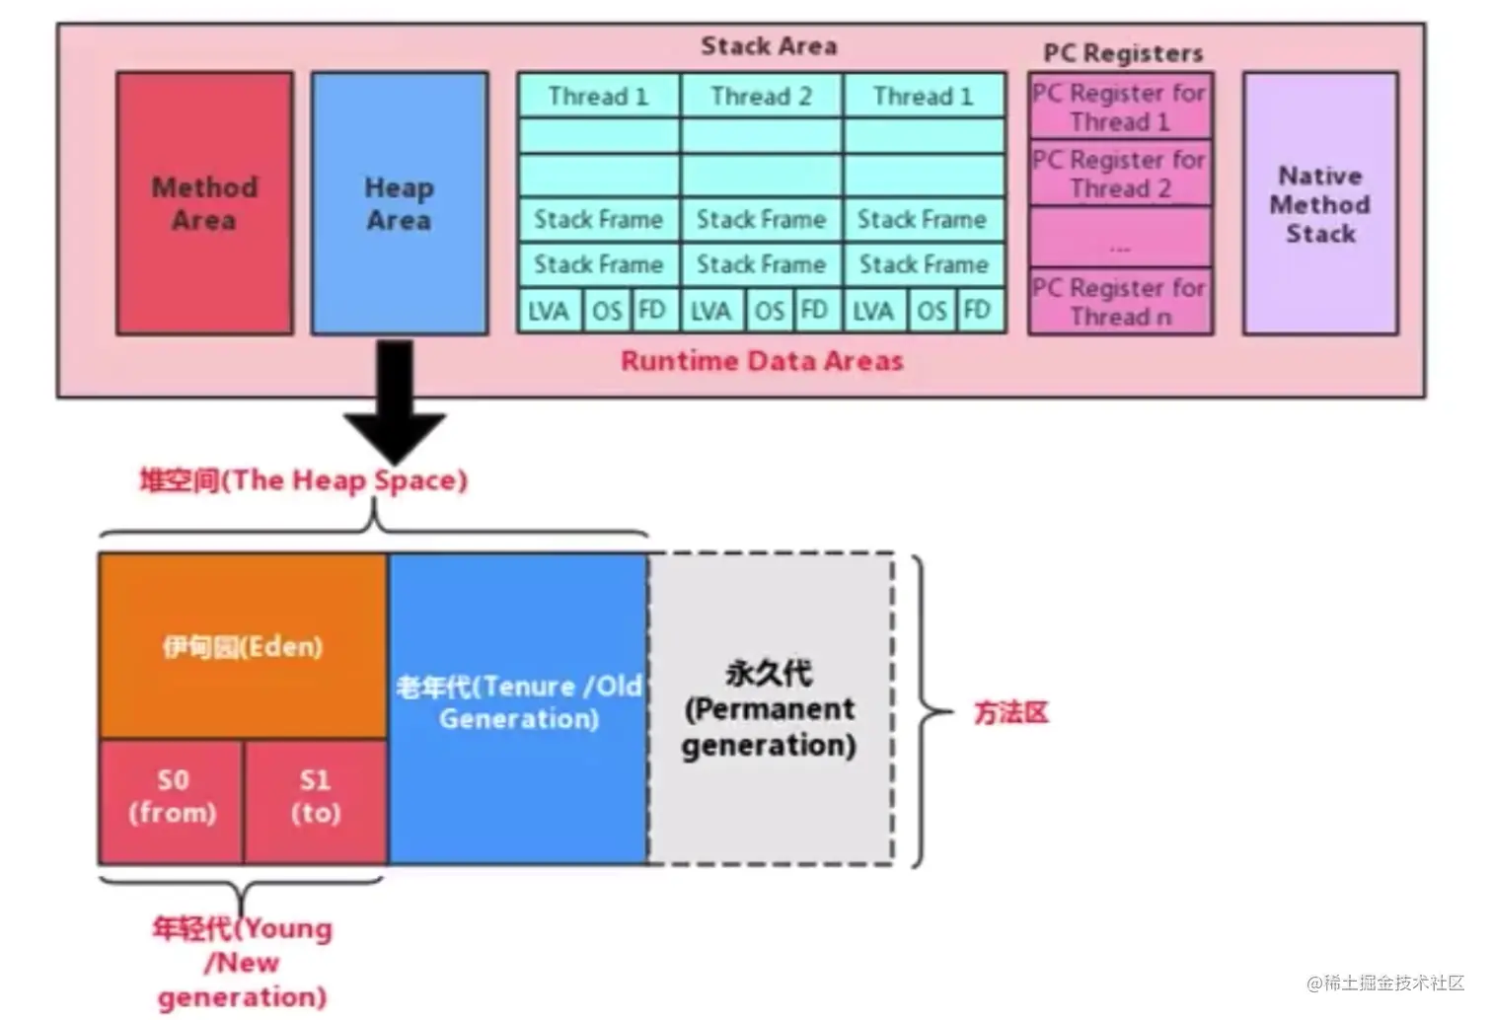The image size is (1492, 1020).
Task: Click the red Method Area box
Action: (204, 203)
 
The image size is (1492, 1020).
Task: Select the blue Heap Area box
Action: (400, 203)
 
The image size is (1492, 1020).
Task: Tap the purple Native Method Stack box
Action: (1320, 203)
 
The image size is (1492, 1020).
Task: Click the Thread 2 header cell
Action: (762, 96)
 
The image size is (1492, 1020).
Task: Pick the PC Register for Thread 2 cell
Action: (1120, 173)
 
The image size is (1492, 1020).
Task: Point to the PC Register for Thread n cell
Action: (1120, 301)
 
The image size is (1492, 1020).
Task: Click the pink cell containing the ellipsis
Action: (1120, 237)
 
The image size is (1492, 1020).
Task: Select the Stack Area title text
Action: (769, 46)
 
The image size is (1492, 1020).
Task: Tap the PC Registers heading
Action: (1123, 53)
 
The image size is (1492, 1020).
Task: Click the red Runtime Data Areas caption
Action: (762, 361)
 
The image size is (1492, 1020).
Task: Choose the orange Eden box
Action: (243, 646)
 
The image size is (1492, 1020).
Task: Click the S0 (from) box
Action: (171, 802)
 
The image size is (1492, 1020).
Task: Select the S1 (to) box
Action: (316, 802)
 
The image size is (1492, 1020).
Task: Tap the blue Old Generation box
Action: (517, 709)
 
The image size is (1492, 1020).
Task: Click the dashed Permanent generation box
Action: (771, 709)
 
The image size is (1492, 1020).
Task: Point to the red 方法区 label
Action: (1011, 712)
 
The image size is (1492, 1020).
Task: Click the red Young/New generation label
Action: (243, 962)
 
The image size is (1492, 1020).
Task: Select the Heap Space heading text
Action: (304, 480)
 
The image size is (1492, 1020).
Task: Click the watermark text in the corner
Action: (1385, 983)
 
